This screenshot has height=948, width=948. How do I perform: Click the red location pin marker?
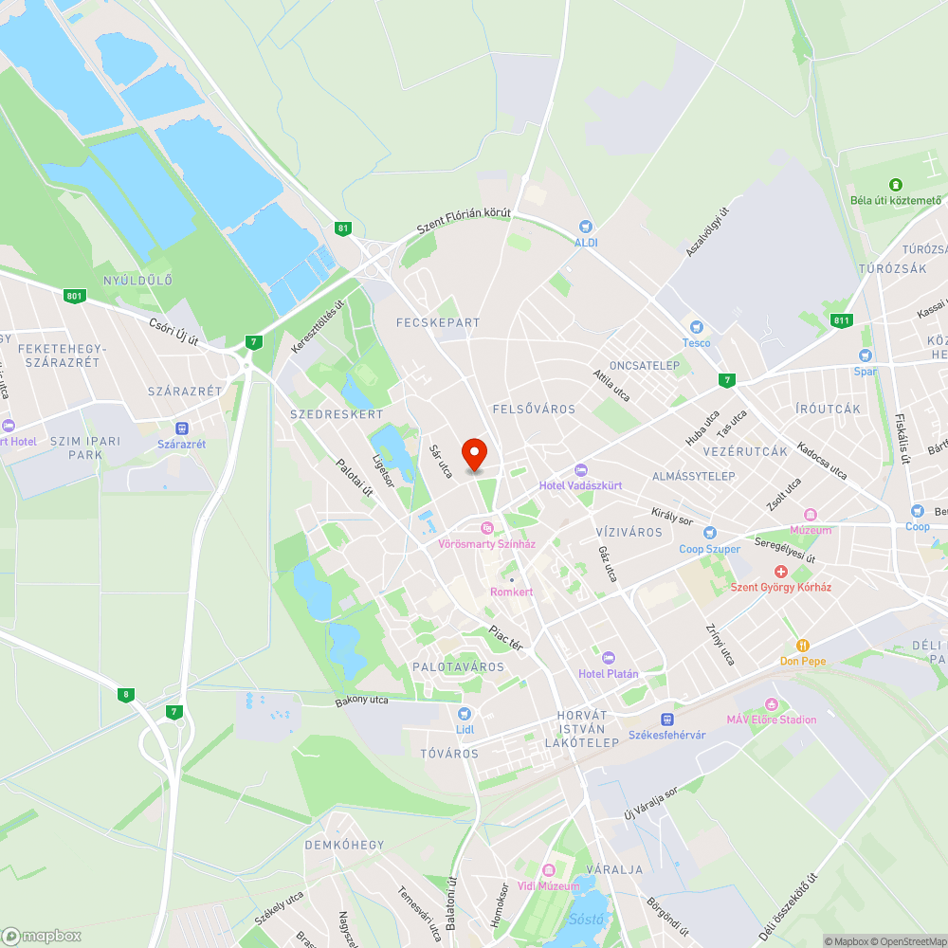pos(473,454)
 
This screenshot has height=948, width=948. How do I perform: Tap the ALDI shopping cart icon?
pos(586,227)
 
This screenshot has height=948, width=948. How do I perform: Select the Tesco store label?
pos(696,342)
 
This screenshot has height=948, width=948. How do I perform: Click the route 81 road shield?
pos(342,228)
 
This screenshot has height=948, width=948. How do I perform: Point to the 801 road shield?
pos(75,297)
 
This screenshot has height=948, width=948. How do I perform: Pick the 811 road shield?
pos(841,320)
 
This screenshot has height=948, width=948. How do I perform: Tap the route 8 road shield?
pos(126,694)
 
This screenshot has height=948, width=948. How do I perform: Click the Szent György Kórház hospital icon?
pos(781,572)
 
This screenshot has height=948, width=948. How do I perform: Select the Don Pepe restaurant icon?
pos(803,645)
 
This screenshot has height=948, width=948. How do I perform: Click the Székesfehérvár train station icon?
pos(667,720)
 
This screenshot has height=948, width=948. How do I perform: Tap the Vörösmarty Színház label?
pos(487,544)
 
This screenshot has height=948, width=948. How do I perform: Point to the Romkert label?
pos(512,592)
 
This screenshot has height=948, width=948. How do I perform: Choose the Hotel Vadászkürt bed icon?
pos(581,470)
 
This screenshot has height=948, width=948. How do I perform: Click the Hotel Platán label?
pos(609,674)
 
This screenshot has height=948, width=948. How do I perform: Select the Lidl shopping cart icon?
pos(464,714)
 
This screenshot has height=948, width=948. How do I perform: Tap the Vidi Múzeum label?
pos(548,885)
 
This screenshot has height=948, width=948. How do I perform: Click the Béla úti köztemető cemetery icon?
pos(895,184)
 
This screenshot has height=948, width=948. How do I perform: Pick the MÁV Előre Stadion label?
pos(772,720)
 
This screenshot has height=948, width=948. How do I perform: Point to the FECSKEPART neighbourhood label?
pos(438,322)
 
